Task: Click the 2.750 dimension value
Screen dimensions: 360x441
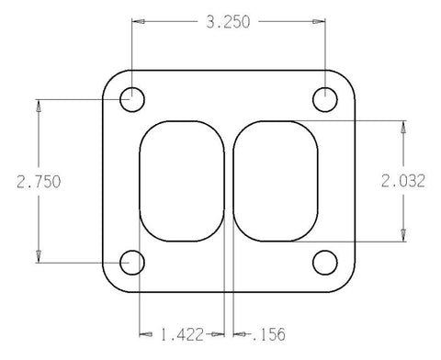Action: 38,181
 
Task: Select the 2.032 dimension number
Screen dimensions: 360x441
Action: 402,181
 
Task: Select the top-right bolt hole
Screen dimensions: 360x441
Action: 324,97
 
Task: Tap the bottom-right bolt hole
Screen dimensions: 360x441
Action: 324,264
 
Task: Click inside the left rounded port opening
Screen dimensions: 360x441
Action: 182,180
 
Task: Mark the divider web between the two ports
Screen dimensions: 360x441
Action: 230,180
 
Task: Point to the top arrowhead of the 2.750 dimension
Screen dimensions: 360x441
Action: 38,104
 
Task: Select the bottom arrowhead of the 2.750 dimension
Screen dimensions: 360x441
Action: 38,258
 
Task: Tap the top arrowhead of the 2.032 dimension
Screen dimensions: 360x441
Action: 402,126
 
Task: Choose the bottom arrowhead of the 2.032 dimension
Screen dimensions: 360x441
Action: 402,237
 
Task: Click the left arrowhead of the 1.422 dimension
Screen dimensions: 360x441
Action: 144,334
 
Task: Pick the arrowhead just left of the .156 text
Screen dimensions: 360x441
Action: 239,334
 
